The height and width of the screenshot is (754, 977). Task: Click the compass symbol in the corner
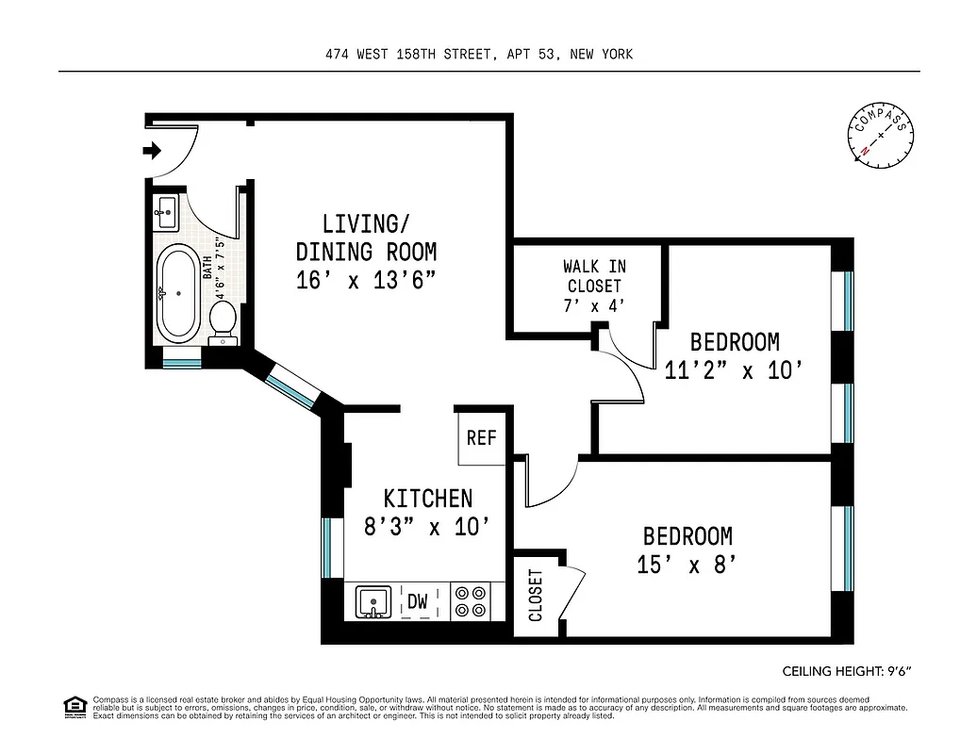point(882,137)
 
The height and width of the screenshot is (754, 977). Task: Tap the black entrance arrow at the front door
point(151,150)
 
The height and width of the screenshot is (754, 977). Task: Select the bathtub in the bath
point(177,292)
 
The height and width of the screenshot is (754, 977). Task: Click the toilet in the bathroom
point(224,319)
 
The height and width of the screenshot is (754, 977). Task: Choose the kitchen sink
point(374,600)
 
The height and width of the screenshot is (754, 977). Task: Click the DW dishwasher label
point(416,600)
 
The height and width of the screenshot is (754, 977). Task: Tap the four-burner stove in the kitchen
point(470,600)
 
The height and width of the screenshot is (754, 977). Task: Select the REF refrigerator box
point(481,439)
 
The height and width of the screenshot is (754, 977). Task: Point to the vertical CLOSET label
point(535,596)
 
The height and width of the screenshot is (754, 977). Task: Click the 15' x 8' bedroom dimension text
point(687,565)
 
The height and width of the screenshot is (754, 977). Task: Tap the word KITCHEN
point(427,498)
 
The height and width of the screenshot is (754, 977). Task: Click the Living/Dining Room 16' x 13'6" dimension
point(366,280)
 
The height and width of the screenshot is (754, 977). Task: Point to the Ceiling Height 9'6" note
point(847,671)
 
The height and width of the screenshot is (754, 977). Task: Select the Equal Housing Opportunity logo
point(74,706)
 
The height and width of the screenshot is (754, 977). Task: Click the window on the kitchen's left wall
point(327,548)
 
